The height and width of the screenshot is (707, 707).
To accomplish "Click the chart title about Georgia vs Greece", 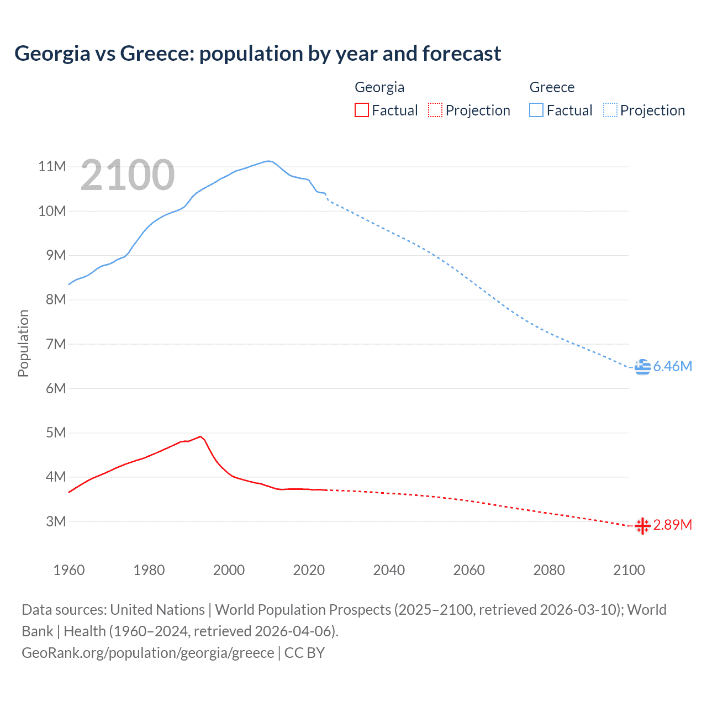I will (x=257, y=54).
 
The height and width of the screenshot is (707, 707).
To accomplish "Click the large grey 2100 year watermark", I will (x=128, y=175).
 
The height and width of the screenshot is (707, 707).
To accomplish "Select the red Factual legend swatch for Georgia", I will (x=361, y=110).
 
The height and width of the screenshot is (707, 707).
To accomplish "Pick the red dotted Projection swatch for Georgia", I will (x=435, y=110).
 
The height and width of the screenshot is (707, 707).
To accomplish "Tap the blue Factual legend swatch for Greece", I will (x=536, y=110).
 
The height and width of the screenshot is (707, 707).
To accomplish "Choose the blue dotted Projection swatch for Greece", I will (x=610, y=110).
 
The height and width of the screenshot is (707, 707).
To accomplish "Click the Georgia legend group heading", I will (x=379, y=87).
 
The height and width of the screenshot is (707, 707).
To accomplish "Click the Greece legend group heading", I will (x=552, y=87).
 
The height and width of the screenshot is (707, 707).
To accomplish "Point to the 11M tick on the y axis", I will (x=52, y=166).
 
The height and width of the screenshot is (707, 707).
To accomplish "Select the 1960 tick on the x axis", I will (x=69, y=570).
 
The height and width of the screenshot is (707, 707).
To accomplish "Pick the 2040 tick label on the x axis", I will (x=389, y=570).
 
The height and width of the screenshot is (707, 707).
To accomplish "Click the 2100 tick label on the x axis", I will (x=629, y=570).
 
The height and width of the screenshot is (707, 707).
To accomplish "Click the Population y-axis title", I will (x=23, y=343).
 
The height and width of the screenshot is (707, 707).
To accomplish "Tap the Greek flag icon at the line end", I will (x=642, y=367).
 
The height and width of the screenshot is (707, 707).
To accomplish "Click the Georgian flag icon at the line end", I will (x=642, y=526).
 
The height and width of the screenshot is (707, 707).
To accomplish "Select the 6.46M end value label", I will (x=672, y=367).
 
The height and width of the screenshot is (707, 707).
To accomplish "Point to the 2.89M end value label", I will (x=672, y=525).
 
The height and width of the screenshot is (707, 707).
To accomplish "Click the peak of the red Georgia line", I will (x=201, y=436).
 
